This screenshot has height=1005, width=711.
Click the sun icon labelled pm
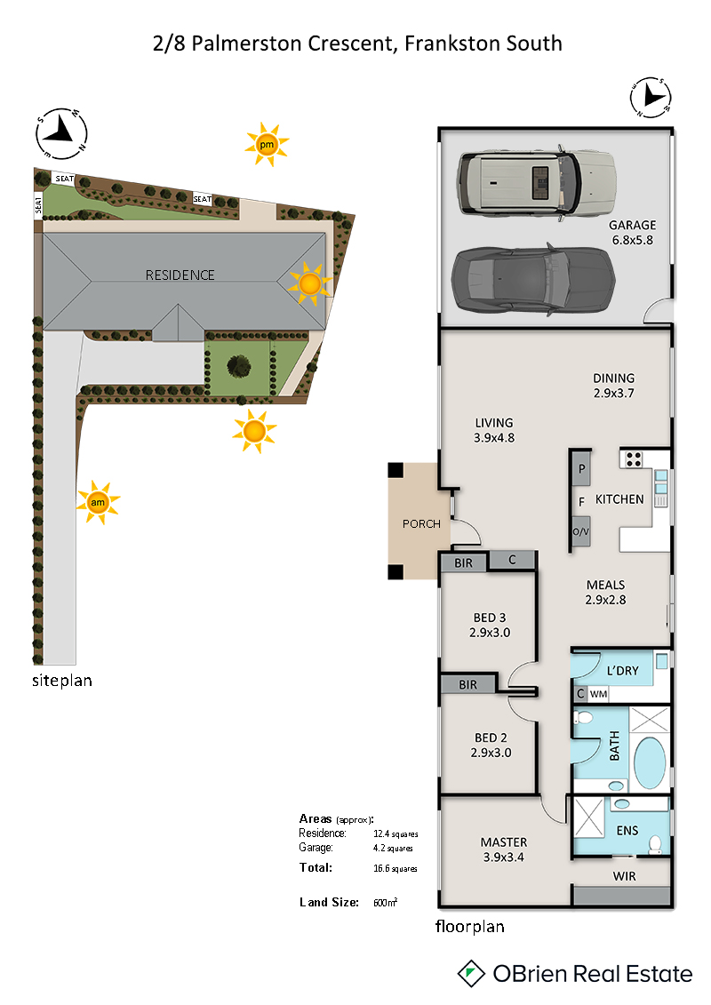pos(267,144)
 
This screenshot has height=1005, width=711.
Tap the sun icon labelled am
pos(98,503)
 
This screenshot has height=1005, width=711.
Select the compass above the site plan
pos(61,133)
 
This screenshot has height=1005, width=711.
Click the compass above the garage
pos(650,98)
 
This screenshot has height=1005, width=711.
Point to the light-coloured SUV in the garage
pos(536,183)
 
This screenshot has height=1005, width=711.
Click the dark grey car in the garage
pos(533,280)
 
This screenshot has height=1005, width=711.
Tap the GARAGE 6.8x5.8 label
pos(632,233)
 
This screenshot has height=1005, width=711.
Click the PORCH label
pos(421,523)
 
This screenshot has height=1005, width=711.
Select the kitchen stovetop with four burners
pos(634,459)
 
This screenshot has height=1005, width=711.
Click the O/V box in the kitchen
pos(581,532)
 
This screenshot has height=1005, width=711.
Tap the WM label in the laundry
pos(598,693)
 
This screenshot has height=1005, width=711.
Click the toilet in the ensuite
pos(655,843)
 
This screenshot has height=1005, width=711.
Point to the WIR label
pos(624,876)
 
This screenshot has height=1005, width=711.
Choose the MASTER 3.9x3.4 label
pos(503,849)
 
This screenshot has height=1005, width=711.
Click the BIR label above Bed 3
pos(464,562)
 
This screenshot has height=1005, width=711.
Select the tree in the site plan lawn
pos(238,367)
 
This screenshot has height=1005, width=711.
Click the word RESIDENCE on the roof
pos(180,275)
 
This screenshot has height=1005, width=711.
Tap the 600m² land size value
pos(386,902)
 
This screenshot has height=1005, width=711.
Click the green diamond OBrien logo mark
pos(471,974)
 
